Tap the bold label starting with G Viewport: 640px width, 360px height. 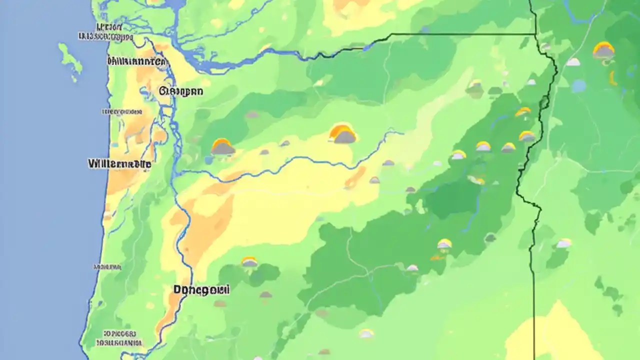(x=181, y=91)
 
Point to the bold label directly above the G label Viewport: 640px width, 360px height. (x=136, y=62)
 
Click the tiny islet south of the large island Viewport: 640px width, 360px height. (x=74, y=79)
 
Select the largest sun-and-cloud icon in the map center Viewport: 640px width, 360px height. (x=343, y=134)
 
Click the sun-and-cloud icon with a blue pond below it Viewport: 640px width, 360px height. (x=222, y=147)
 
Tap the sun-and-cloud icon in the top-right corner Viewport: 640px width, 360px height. (x=603, y=50)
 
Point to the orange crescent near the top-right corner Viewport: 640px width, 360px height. (x=612, y=78)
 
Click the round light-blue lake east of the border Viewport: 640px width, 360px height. (x=578, y=86)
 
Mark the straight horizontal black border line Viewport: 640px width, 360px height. (x=462, y=34)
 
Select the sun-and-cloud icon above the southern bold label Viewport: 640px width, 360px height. (x=249, y=261)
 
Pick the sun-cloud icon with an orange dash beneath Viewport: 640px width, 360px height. (x=444, y=244)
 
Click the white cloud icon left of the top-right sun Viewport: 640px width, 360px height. (x=573, y=62)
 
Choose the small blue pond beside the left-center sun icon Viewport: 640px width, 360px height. (x=208, y=160)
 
